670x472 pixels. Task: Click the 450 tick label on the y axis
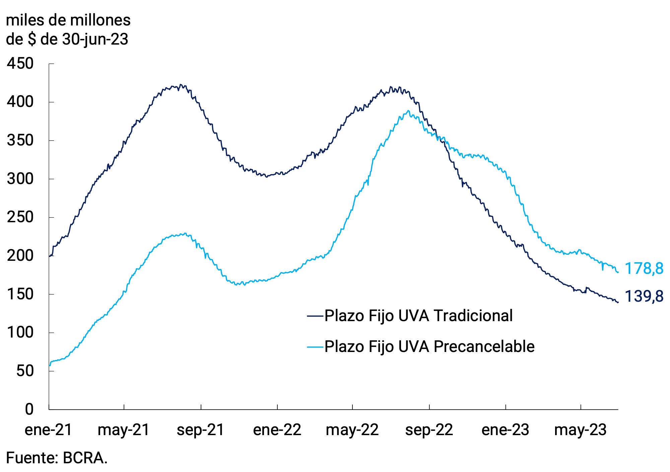pos(20,64)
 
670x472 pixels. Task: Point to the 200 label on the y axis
pos(20,256)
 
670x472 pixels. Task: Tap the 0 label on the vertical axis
pos(29,409)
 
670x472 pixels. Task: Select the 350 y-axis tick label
pos(20,140)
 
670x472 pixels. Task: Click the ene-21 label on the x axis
pos(49,430)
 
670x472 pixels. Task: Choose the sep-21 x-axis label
pos(200,430)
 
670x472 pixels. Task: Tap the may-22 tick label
pos(352,430)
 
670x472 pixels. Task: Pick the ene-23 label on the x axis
pos(505,430)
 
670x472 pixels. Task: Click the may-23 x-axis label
pos(580,430)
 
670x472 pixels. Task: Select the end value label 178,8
pos(644,269)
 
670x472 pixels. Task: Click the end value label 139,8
pos(644,296)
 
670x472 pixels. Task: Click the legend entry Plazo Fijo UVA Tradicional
pos(418,316)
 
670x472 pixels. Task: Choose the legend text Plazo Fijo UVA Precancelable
pos(429,346)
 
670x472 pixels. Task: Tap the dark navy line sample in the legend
pos(315,316)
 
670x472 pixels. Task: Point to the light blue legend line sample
pos(315,347)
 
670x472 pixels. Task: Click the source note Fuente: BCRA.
pos(57,458)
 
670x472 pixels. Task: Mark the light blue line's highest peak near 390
pos(408,111)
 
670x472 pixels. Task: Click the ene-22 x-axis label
pos(277,430)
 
